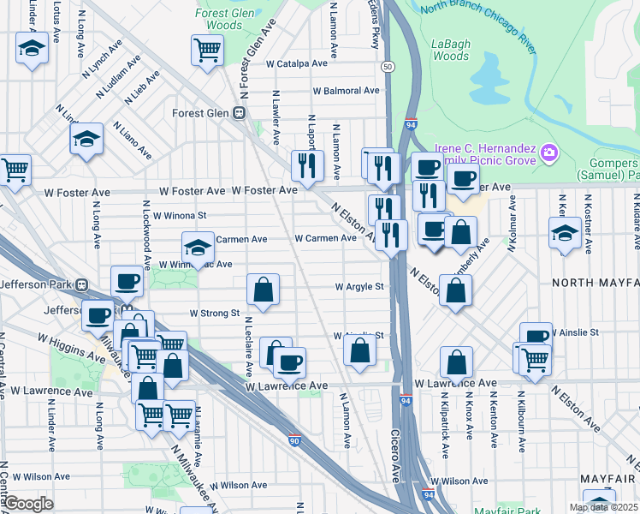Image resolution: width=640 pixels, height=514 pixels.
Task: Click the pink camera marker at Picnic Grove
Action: [548, 154]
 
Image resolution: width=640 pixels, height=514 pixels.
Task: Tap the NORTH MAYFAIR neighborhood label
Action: [595, 282]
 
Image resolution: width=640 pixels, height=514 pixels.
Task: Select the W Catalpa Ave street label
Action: [296, 63]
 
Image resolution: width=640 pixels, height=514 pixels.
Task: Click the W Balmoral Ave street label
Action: [346, 90]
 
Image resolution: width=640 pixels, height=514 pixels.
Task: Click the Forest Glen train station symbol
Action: [240, 113]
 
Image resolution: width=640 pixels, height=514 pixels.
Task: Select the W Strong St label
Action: [214, 314]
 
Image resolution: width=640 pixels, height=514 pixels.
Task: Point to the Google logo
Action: [27, 504]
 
